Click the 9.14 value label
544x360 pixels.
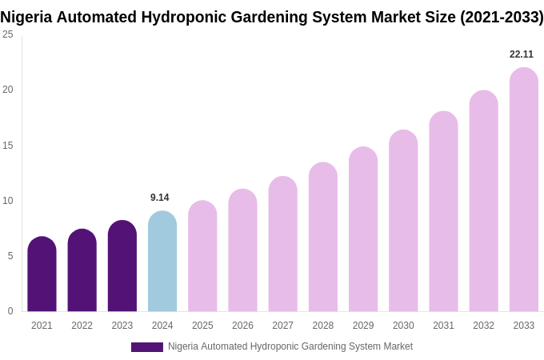(160, 198)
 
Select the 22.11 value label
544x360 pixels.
(522, 54)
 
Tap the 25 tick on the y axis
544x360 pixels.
(8, 34)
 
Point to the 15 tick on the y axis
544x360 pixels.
(8, 146)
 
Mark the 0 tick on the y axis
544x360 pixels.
(10, 311)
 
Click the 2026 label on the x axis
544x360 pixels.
(242, 326)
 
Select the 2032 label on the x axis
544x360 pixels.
(483, 326)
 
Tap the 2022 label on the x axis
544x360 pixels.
(82, 326)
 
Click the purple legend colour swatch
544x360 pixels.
(147, 347)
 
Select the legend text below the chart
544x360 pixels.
(290, 346)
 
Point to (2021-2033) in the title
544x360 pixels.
(502, 17)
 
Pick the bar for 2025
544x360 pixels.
(202, 256)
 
